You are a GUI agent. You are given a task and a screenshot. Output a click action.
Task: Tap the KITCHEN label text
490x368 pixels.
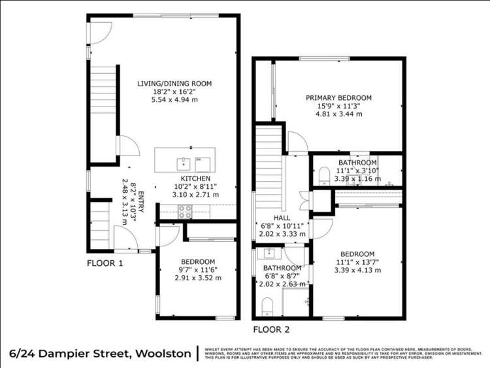click(195, 178)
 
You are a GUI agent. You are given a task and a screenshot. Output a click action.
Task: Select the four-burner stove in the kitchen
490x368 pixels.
click(185, 210)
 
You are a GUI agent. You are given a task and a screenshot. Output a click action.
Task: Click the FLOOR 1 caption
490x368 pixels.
click(105, 263)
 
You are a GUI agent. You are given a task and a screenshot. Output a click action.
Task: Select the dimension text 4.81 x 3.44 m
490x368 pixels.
click(338, 114)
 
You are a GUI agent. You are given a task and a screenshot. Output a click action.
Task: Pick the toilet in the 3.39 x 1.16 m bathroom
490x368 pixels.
click(323, 176)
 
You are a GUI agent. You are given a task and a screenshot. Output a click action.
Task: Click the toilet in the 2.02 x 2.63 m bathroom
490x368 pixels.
click(266, 305)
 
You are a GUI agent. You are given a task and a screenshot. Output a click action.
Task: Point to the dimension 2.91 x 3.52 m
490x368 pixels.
click(198, 277)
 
